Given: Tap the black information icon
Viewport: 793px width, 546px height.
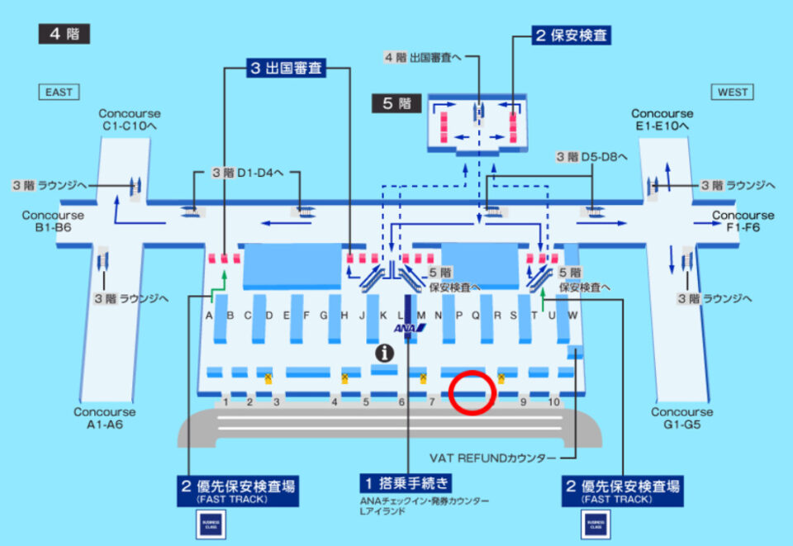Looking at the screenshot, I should click(384, 353).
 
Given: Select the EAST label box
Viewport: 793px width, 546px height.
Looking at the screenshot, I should click(59, 93).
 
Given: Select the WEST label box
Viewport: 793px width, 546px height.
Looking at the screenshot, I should click(732, 93).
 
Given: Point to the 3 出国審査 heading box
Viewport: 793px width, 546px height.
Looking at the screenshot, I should click(287, 69).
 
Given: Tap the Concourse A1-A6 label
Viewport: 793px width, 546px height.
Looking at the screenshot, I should click(104, 418).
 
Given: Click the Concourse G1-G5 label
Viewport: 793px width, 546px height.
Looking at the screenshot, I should click(681, 418).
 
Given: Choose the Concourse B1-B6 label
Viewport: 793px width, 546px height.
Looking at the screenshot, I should click(53, 221).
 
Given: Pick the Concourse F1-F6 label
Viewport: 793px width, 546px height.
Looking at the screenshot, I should click(743, 221).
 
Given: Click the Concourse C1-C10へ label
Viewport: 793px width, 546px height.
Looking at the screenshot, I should click(130, 120).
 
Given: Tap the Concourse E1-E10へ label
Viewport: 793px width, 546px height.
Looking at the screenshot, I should click(662, 120).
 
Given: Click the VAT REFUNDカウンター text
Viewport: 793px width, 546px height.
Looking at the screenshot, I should click(491, 457).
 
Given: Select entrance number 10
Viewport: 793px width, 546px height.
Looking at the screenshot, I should click(553, 402).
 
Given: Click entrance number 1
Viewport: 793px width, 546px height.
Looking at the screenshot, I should click(226, 402).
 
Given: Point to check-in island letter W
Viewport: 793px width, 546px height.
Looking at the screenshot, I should click(572, 316).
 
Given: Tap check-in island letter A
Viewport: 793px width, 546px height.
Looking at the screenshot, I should click(210, 316).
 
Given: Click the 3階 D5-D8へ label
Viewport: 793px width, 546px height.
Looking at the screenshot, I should click(591, 156).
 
